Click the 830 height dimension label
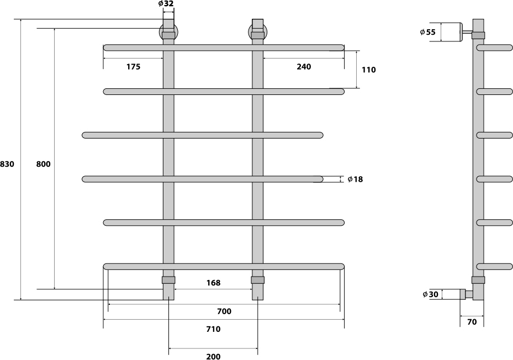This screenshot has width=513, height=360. point(7,164)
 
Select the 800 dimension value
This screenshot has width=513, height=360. point(43,164)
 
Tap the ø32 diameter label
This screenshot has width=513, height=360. point(166,4)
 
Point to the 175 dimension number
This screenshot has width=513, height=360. point(133,67)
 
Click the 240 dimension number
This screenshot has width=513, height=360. point(304,67)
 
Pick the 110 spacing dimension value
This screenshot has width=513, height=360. point(369,70)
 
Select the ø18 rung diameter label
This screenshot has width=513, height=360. point(355,179)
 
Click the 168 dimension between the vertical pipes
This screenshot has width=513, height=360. point(213,283)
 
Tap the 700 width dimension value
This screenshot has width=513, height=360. point(224,311)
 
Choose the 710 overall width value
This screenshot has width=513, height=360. point(213,329)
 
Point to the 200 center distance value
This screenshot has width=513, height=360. point(213,356)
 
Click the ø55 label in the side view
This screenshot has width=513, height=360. point(428,32)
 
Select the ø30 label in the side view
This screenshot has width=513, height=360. point(430,294)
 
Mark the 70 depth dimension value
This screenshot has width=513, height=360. point(472,322)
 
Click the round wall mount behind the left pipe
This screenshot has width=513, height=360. point(169,33)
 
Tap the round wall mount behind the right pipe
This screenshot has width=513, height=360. point(258,33)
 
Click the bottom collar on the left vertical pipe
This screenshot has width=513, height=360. point(168,280)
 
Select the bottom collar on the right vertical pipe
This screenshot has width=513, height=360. point(258,280)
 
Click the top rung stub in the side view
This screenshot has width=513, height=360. point(494,48)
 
